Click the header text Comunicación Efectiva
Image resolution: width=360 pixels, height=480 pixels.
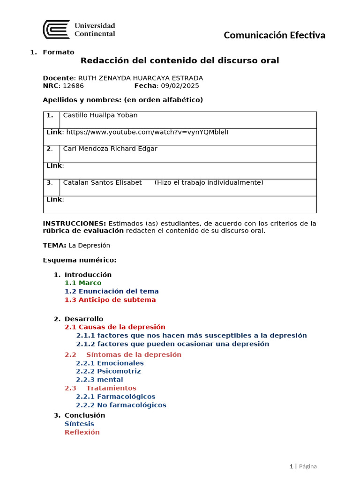274,35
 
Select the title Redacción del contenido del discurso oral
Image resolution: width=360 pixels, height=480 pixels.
180,60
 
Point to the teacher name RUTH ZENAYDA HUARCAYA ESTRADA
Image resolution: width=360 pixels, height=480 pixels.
140,78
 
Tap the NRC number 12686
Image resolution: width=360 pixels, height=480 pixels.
73,86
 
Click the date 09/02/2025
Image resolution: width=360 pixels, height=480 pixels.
180,86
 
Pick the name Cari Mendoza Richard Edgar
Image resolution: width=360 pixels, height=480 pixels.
110,149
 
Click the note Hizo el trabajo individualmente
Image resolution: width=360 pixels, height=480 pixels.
209,183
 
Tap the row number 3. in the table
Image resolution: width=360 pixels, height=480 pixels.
50,183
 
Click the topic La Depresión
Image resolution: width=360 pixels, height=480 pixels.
89,246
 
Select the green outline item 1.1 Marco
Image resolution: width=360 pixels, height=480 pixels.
83,283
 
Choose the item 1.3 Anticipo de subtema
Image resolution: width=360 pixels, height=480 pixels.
110,300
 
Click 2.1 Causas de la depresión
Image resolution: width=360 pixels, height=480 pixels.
115,327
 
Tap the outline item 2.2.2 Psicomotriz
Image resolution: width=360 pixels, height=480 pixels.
108,371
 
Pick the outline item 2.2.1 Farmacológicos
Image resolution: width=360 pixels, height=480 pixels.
116,397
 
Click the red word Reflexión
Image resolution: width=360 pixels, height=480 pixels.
82,432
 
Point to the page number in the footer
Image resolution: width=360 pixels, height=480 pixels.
291,466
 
